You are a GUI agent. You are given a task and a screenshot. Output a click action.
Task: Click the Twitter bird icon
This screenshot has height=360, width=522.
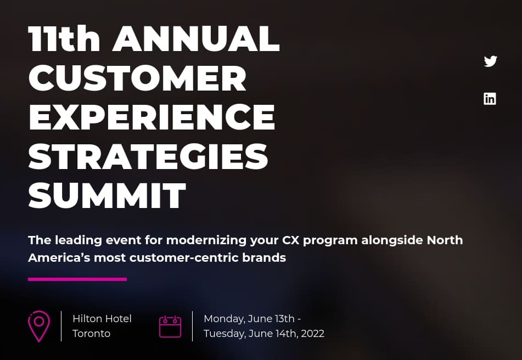(x=490, y=61)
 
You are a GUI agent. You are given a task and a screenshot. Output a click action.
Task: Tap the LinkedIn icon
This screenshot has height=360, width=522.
(x=490, y=99)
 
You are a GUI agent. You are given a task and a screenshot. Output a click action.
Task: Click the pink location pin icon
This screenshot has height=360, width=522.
(x=39, y=327)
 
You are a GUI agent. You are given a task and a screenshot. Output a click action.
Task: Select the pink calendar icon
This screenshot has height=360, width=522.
(x=170, y=327)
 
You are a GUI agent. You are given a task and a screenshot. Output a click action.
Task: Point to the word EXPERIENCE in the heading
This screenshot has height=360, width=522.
(x=152, y=117)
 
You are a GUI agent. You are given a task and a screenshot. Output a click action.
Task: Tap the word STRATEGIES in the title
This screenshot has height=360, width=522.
(x=148, y=156)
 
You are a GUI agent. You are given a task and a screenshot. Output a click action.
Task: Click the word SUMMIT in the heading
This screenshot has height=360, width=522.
(x=107, y=195)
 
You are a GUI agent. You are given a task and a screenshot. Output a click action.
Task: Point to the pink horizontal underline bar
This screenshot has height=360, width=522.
(x=77, y=279)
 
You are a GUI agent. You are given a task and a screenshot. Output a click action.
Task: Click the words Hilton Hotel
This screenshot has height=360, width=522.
(x=102, y=319)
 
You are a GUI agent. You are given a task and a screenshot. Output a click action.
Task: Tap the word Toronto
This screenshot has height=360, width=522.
(x=91, y=333)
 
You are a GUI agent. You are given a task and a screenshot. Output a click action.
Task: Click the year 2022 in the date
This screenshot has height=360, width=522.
(x=312, y=333)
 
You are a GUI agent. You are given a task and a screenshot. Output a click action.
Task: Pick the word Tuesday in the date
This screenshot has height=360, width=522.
(x=224, y=334)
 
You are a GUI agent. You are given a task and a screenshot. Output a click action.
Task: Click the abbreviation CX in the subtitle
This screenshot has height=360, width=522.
(x=290, y=240)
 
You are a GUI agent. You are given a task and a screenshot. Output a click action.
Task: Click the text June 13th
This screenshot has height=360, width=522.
(x=271, y=319)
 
